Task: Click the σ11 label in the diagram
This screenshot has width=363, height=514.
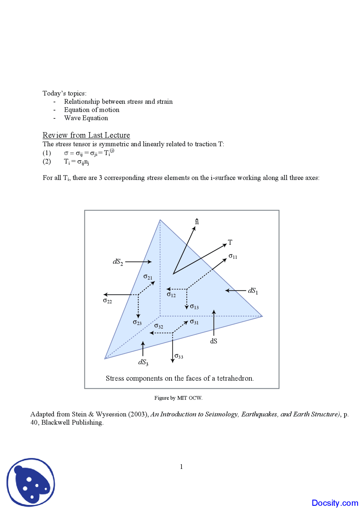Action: pos(233,256)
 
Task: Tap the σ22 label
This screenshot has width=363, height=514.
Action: pos(107,301)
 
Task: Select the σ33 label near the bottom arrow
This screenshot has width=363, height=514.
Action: pos(179,356)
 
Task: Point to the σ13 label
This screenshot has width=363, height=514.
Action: pos(194,307)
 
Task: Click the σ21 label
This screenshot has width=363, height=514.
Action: pos(148,277)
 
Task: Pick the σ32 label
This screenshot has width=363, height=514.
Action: pos(159,326)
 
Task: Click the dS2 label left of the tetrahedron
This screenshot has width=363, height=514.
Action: pos(118,262)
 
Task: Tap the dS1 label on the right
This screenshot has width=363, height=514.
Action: pos(253,291)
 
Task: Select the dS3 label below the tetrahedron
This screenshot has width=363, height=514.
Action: pos(143,362)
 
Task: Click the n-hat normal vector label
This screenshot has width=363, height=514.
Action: pos(197,222)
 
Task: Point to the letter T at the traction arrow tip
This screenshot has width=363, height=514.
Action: pos(230,242)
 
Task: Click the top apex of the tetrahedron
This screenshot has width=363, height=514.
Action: pos(160,220)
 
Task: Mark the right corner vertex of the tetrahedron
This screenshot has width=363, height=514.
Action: pos(262,316)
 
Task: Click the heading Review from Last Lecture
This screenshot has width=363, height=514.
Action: pos(86,135)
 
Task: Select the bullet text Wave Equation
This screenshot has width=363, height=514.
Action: pos(86,118)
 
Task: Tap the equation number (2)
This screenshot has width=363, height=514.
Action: pos(47,161)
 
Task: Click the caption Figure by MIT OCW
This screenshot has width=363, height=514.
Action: pos(178,398)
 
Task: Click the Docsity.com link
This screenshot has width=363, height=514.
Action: pos(335,503)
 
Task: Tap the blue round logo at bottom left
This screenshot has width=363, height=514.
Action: pos(31,482)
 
